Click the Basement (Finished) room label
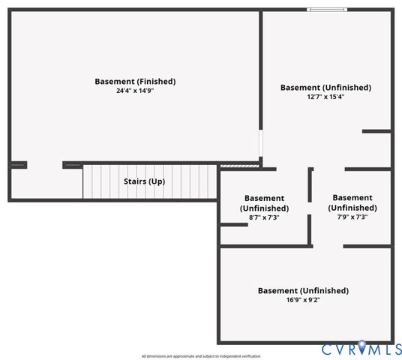135,82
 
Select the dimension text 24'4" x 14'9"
135,91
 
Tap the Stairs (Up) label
144,181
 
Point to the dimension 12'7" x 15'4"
325,97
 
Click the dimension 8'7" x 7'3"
264,217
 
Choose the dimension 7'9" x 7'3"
352,217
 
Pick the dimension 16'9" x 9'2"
303,300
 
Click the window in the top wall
327,10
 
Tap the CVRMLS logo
361,349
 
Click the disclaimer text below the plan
201,356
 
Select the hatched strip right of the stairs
239,166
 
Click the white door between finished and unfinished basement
261,143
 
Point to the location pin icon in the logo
361,347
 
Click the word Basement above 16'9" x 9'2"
277,290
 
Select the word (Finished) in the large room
156,82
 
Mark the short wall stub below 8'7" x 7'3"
234,225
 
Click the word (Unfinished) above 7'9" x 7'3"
352,208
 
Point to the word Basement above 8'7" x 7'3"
264,198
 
